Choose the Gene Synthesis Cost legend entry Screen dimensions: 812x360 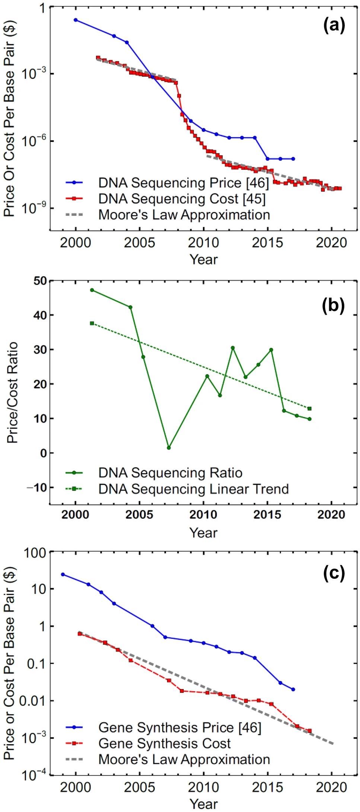click(164, 743)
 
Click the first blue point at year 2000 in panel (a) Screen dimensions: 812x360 click(76, 20)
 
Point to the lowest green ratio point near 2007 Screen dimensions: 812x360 click(169, 448)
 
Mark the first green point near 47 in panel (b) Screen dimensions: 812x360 click(92, 290)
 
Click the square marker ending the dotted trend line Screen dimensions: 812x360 click(309, 409)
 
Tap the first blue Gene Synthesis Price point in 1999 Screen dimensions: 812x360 click(63, 574)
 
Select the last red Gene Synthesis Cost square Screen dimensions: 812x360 click(309, 731)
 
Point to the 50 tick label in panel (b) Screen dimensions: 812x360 click(40, 281)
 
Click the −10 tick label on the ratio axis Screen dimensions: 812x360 click(37, 488)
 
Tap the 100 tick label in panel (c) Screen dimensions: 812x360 click(35, 553)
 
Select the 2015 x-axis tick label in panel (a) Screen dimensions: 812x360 click(267, 243)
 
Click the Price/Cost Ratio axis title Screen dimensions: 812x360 click(12, 392)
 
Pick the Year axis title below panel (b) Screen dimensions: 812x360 click(203, 532)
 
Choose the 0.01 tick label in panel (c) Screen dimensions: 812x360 click(32, 701)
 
